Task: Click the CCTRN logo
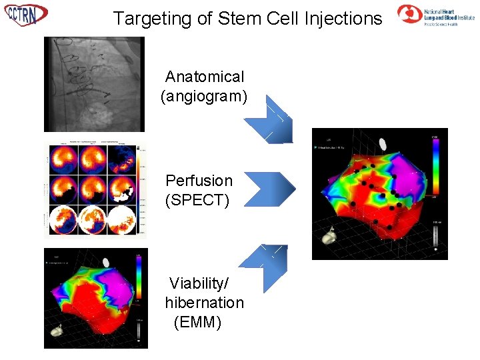pyautogui.click(x=26, y=14)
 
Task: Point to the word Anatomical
pyautogui.click(x=205, y=77)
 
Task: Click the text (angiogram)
pyautogui.click(x=204, y=97)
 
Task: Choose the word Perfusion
pyautogui.click(x=199, y=181)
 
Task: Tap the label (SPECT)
pyautogui.click(x=197, y=200)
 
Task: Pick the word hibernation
pyautogui.click(x=205, y=303)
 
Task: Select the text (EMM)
pyautogui.click(x=197, y=323)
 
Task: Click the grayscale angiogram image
pyautogui.click(x=93, y=84)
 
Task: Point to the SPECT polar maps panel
pyautogui.click(x=93, y=190)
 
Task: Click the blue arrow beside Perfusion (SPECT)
pyautogui.click(x=269, y=188)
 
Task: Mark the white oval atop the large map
pyautogui.click(x=383, y=143)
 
